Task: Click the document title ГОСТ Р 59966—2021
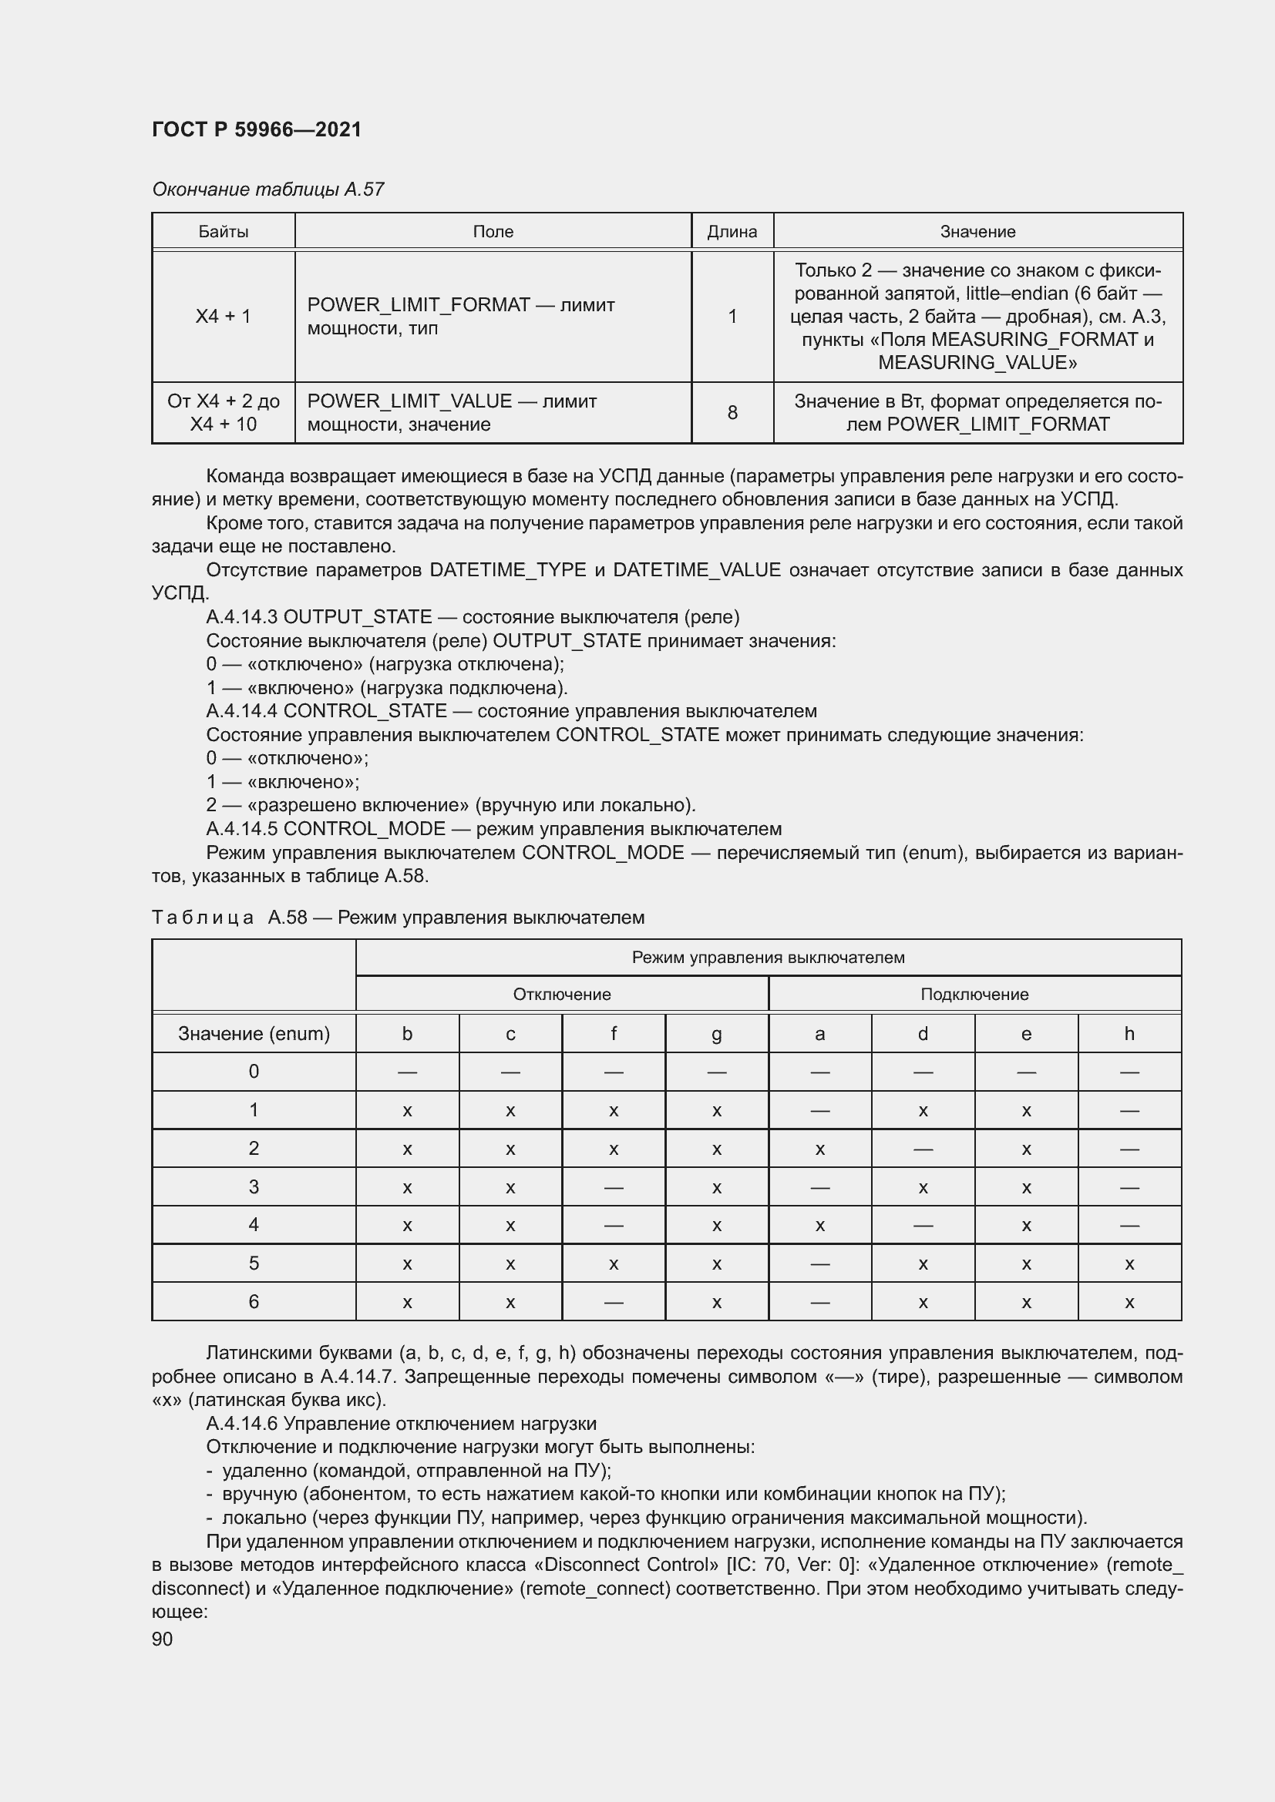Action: [x=257, y=129]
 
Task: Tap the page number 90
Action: [x=163, y=1639]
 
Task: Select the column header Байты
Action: [x=223, y=232]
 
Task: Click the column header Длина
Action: [x=732, y=232]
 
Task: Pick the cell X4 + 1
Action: [x=223, y=317]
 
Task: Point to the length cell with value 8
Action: [x=732, y=413]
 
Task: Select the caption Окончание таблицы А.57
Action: [x=267, y=190]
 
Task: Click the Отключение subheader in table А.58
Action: [x=561, y=995]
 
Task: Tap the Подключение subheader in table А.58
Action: [x=974, y=995]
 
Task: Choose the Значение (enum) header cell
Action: [x=254, y=1034]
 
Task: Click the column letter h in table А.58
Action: [x=1129, y=1034]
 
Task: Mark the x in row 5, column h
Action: [x=1129, y=1264]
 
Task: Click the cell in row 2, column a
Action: [x=819, y=1149]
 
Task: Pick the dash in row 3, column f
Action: [x=613, y=1187]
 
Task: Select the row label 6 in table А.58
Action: [x=254, y=1302]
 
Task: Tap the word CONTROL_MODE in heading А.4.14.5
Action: [x=365, y=829]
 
